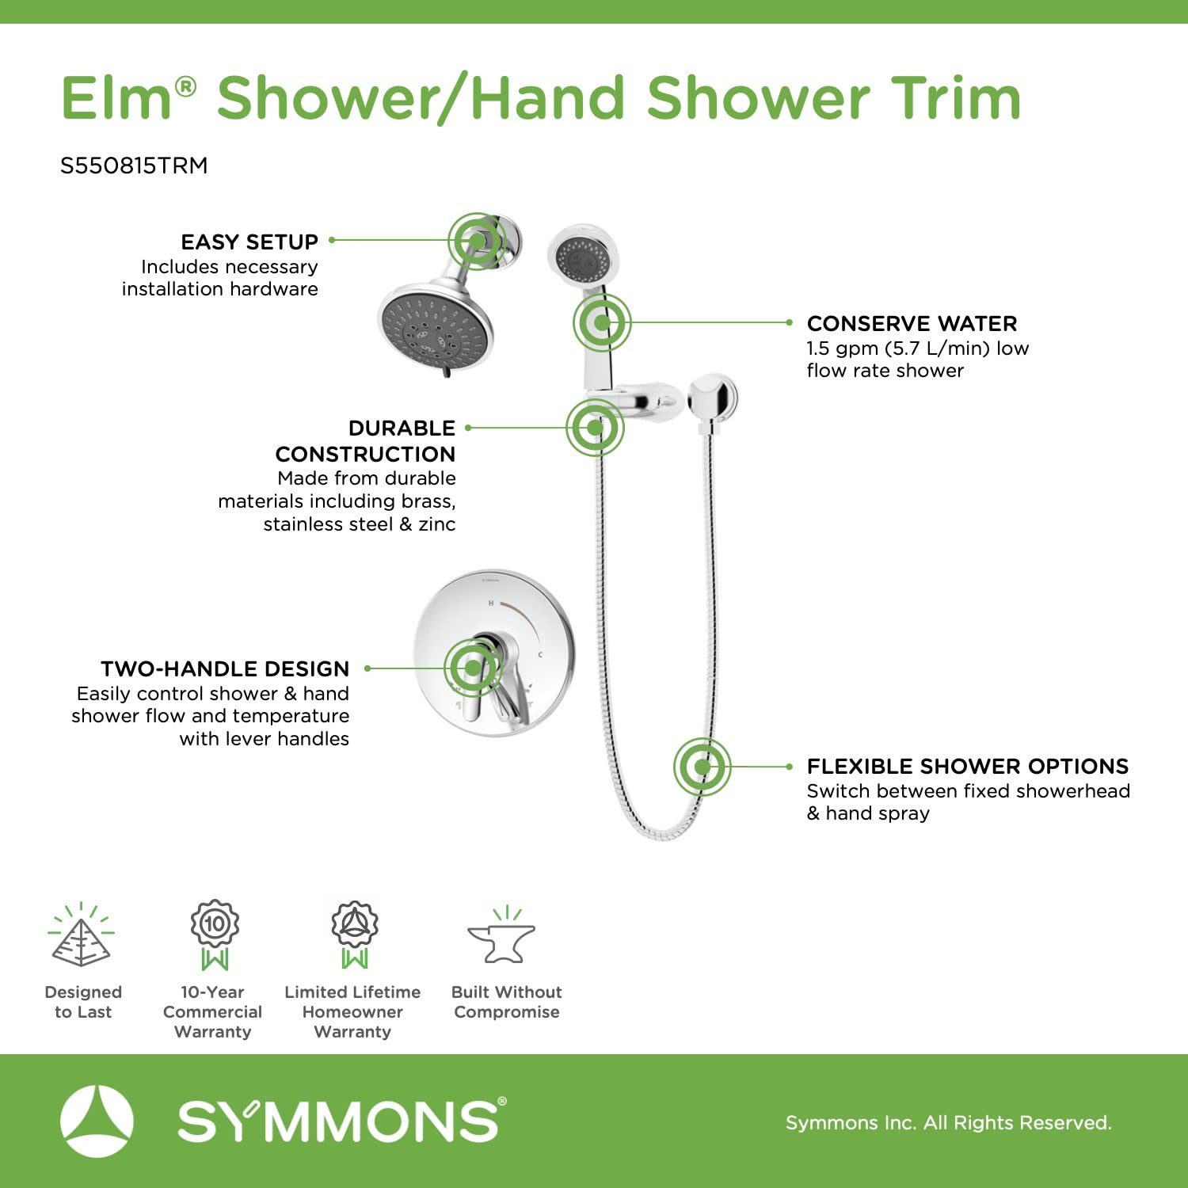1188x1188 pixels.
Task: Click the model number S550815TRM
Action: tap(134, 166)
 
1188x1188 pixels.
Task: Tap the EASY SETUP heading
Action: tap(249, 242)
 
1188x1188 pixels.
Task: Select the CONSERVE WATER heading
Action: tap(912, 323)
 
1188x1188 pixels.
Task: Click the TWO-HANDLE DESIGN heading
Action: tap(225, 669)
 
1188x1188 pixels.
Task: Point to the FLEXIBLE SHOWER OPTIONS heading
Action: tap(968, 766)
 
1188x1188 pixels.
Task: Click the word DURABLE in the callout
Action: tap(402, 428)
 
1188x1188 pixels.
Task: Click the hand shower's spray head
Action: tap(582, 257)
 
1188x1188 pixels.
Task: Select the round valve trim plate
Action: tap(494, 653)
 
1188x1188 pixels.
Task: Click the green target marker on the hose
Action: tap(703, 767)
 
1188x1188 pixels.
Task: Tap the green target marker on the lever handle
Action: tap(474, 668)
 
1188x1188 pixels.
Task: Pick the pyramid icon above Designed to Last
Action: tap(81, 935)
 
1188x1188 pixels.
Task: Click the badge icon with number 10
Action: tap(215, 935)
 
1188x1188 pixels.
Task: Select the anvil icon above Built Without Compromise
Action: tap(502, 936)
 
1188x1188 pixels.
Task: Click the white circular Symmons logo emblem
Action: tap(97, 1121)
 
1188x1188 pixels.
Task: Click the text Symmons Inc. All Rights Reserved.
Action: tap(949, 1122)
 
